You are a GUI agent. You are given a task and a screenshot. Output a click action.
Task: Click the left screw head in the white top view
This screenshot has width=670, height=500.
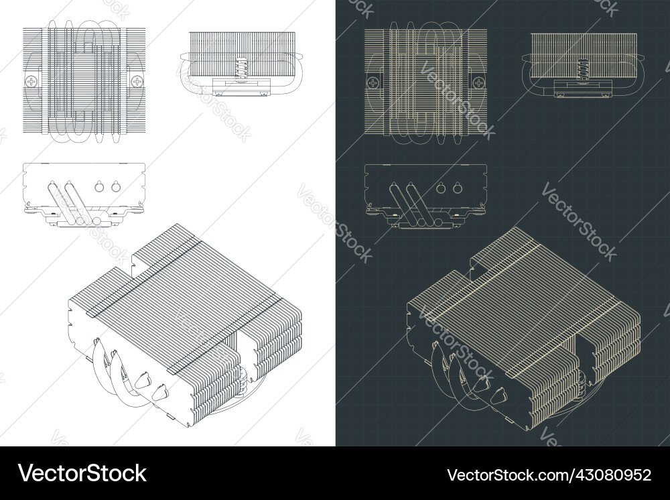point(31,81)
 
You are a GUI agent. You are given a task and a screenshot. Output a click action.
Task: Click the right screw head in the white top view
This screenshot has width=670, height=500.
point(137,81)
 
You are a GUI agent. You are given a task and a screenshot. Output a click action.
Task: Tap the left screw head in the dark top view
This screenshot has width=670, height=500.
point(372,81)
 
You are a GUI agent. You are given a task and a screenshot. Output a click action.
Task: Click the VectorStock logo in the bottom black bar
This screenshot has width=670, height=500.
point(82,473)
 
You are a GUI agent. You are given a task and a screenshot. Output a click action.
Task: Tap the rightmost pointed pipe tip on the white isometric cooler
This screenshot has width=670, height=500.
point(159,391)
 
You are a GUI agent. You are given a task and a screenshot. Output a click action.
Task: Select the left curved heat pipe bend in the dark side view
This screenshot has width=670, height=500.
point(527,74)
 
